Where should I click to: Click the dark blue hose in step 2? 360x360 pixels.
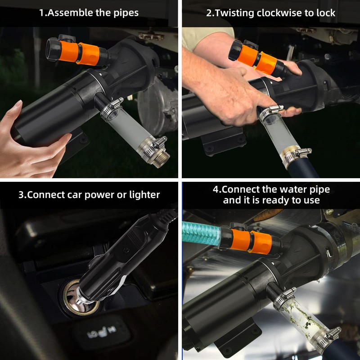point(303,168)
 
